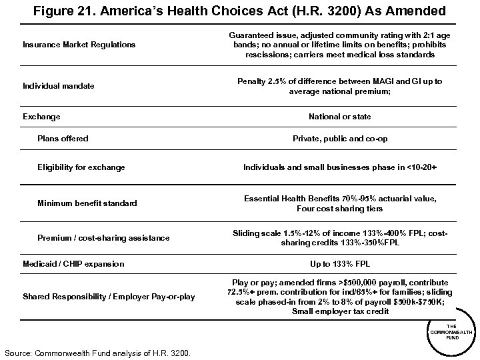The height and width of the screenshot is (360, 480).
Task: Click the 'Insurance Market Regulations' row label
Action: pyautogui.click(x=79, y=45)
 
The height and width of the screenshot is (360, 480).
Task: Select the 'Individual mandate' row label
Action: pyautogui.click(x=58, y=86)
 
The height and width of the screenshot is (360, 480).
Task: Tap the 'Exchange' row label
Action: pyautogui.click(x=41, y=117)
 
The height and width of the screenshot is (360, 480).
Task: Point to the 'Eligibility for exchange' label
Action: pyautogui.click(x=81, y=167)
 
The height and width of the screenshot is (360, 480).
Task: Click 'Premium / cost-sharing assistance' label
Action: pyautogui.click(x=103, y=238)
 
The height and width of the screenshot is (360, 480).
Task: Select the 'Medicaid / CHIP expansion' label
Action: pyautogui.click(x=73, y=264)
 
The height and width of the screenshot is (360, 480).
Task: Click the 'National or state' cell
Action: pyautogui.click(x=339, y=117)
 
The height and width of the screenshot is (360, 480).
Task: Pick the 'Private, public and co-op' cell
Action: pyautogui.click(x=340, y=139)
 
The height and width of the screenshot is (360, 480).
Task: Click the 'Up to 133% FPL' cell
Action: pyautogui.click(x=340, y=264)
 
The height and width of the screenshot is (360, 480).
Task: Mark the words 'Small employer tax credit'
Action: pyautogui.click(x=340, y=311)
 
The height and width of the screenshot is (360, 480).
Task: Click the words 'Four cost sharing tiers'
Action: pyautogui.click(x=340, y=208)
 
